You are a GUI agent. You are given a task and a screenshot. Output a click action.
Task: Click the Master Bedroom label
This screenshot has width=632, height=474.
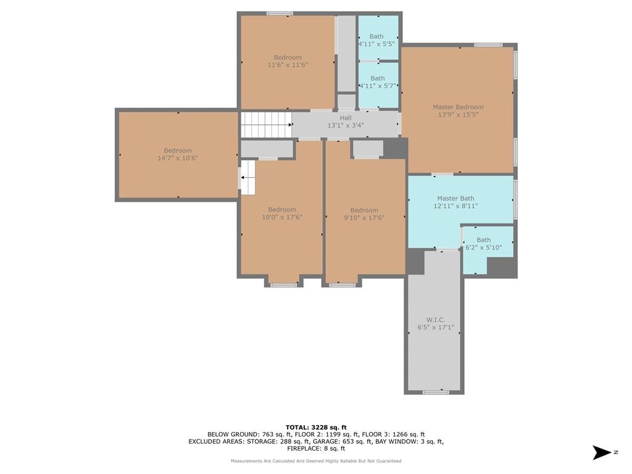[x=458, y=107]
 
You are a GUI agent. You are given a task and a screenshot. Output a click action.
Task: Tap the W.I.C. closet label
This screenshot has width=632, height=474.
[x=436, y=320]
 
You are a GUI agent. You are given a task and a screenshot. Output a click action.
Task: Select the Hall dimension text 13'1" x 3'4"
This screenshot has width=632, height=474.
[x=346, y=125]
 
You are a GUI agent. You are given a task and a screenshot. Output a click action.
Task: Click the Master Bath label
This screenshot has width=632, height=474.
[x=455, y=198]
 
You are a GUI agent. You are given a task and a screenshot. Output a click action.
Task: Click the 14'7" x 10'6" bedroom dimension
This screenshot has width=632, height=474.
[x=178, y=158]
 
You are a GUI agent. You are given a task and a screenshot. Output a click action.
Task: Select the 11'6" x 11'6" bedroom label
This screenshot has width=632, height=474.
[x=288, y=61]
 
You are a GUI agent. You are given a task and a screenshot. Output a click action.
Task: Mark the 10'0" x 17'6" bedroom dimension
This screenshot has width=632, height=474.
[x=282, y=217]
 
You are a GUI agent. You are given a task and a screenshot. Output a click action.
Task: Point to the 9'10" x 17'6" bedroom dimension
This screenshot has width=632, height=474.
[x=364, y=218]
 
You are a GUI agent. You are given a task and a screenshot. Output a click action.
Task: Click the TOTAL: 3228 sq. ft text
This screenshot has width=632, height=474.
[x=316, y=427]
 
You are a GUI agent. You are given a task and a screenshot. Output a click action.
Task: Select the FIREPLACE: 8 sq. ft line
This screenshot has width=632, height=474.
[x=316, y=448]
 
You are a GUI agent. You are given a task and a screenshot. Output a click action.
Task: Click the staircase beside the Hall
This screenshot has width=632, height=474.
[x=267, y=125]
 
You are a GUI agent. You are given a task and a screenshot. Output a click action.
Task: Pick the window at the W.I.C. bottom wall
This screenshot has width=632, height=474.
[x=436, y=392]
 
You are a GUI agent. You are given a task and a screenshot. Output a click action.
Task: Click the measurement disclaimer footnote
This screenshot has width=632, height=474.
[x=316, y=460]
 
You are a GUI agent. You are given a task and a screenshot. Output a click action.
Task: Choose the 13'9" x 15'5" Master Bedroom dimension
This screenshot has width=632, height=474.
[x=458, y=114]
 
